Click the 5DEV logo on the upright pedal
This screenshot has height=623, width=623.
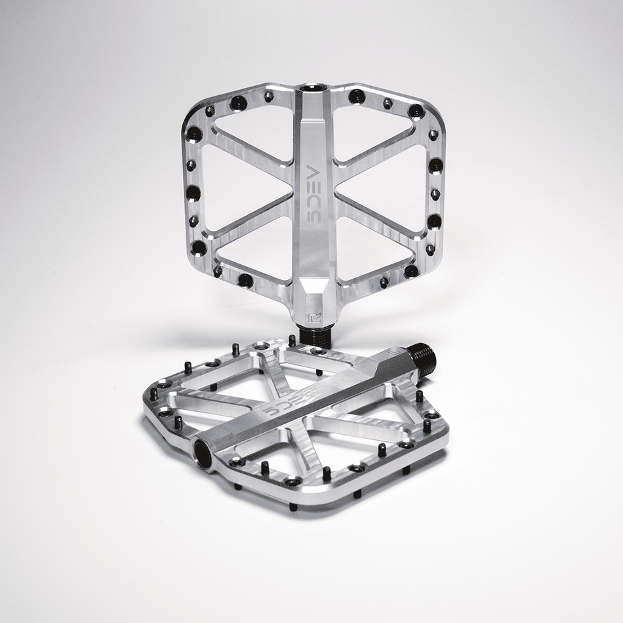(313, 194)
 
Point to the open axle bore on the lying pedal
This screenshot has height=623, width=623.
(203, 453)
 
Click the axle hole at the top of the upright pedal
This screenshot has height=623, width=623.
(313, 87)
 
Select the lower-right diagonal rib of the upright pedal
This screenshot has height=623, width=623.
(377, 220)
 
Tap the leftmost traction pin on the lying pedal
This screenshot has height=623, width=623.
(153, 394)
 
